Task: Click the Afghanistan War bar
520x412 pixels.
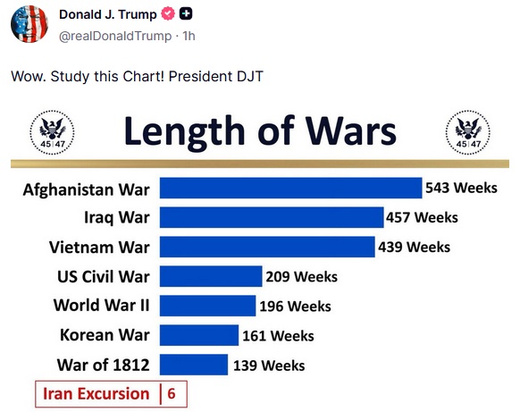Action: click(291, 188)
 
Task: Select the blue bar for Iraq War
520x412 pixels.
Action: click(272, 217)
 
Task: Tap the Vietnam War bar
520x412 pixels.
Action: click(267, 247)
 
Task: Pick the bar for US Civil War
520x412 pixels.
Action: click(211, 276)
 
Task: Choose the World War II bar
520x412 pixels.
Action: click(207, 306)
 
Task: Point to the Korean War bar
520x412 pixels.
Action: click(199, 335)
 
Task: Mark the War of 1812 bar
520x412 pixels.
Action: click(194, 365)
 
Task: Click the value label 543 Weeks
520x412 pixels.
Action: click(461, 188)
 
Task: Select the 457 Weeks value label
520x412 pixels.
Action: click(422, 217)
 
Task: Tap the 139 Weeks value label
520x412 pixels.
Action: click(269, 366)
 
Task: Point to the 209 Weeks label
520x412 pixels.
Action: click(301, 277)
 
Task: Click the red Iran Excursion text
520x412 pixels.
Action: click(96, 394)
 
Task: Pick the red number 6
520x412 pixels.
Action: click(172, 394)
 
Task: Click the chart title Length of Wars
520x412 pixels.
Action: click(260, 131)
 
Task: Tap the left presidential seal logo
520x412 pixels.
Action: click(52, 132)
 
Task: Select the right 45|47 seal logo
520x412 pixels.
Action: click(468, 132)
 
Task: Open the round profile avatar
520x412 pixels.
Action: click(29, 24)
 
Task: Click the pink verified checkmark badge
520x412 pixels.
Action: click(168, 14)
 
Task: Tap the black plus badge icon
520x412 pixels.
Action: click(186, 14)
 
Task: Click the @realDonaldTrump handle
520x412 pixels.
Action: click(115, 36)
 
